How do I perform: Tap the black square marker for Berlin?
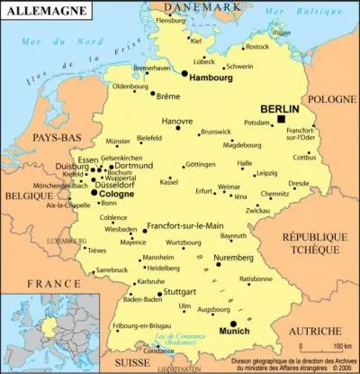[281, 118]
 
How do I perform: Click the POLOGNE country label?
[331, 99]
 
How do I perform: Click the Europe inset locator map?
[40, 333]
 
